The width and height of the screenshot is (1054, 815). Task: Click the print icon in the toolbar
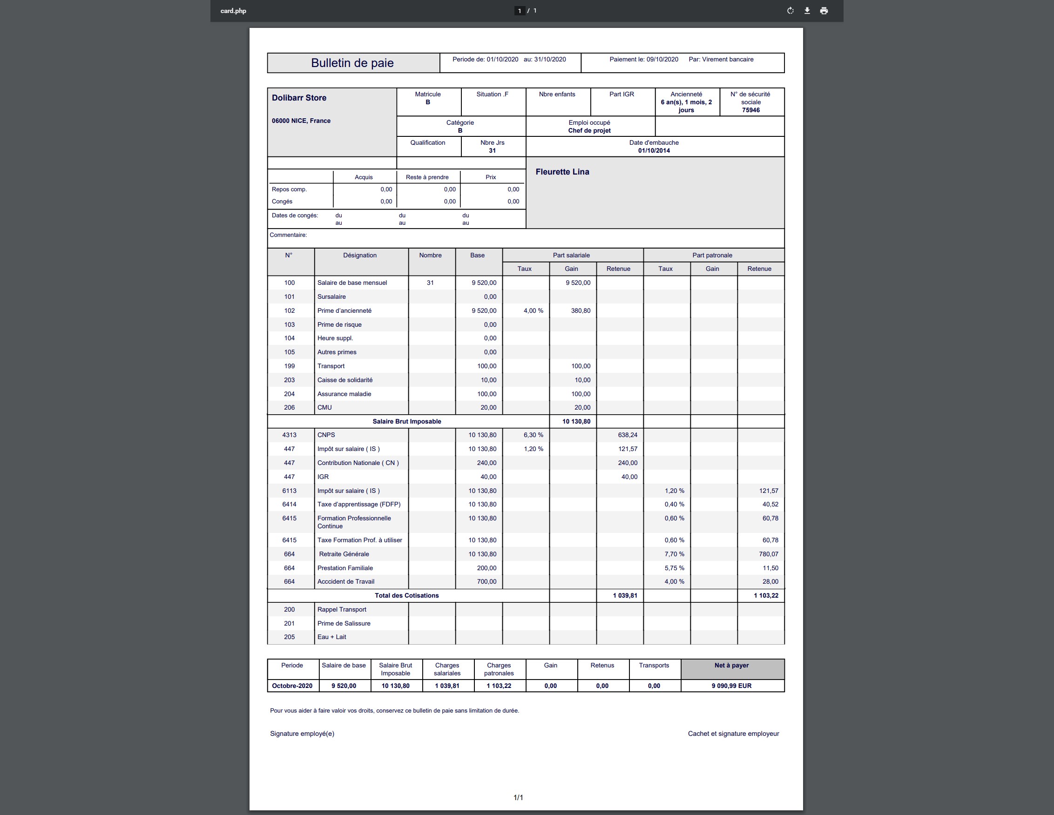[x=824, y=11]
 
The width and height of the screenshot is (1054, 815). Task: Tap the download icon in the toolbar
[x=807, y=11]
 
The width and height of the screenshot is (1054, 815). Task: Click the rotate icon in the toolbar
[x=790, y=11]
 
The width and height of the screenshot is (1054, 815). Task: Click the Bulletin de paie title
[x=352, y=63]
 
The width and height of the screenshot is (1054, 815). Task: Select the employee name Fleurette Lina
[x=562, y=172]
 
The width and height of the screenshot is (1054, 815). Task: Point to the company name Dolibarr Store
[x=299, y=97]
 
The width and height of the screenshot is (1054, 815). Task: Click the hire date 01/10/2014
[x=654, y=150]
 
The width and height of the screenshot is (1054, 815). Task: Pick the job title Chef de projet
[x=589, y=130]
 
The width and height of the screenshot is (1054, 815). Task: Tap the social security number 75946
[x=751, y=110]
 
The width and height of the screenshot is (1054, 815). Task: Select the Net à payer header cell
[x=732, y=666]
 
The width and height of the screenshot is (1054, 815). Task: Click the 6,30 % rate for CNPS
[x=533, y=435]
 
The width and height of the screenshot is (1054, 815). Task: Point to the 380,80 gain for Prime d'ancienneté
[x=581, y=311]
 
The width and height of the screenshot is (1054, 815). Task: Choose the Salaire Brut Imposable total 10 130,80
[x=576, y=421]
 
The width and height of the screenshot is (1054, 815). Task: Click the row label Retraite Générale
[x=344, y=554]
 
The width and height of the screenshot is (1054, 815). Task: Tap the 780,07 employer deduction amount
[x=768, y=554]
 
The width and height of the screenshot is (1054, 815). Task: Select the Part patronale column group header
[x=712, y=255]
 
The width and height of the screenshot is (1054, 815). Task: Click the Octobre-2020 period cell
[x=292, y=686]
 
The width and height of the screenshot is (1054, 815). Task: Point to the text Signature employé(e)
[x=302, y=734]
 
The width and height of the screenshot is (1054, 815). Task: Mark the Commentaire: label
[x=288, y=235]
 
